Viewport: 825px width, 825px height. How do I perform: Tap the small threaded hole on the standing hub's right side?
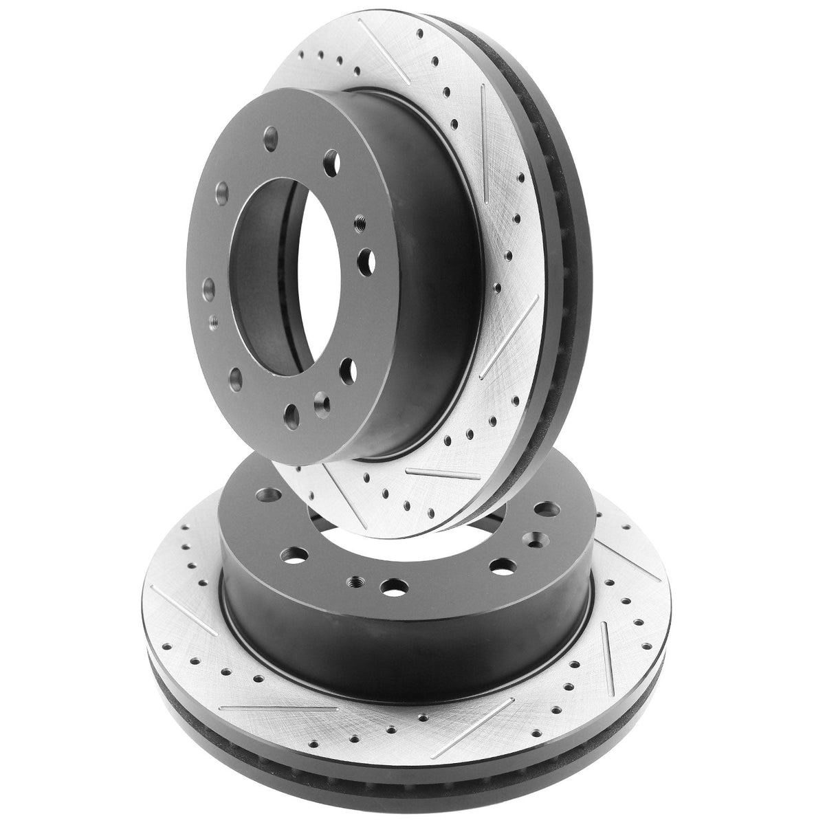359,222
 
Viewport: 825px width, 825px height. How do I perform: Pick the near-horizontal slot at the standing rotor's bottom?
430,474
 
